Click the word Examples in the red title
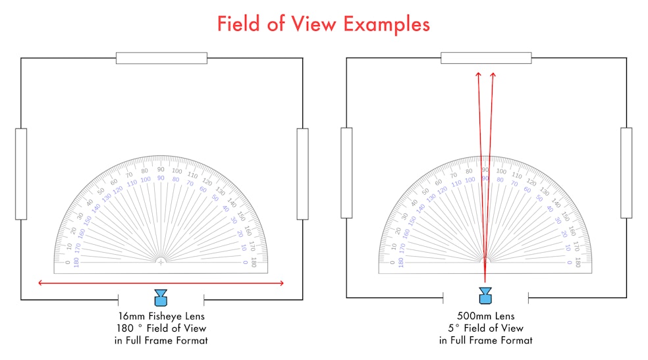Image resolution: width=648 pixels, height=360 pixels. [x=387, y=24]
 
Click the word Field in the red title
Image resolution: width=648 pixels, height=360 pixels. [x=239, y=24]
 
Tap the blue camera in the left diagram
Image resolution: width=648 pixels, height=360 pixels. [x=161, y=297]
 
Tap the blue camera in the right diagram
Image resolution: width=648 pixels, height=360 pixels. [x=485, y=296]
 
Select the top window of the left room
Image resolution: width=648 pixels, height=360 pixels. [x=161, y=58]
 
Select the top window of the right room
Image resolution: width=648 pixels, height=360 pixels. [x=486, y=57]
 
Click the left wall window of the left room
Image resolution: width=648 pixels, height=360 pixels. [x=21, y=174]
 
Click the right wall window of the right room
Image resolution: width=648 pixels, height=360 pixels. [x=626, y=173]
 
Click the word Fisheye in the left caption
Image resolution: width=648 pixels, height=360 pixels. [x=165, y=317]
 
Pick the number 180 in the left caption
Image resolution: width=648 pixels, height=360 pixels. [x=125, y=328]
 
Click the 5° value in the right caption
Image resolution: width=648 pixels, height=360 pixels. [x=454, y=328]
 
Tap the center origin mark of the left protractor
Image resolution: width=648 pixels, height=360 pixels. [x=161, y=262]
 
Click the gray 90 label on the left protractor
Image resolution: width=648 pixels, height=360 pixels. [x=161, y=169]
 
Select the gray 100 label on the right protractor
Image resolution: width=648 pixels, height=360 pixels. [x=501, y=171]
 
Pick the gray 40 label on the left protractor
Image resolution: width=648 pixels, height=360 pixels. [x=90, y=202]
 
